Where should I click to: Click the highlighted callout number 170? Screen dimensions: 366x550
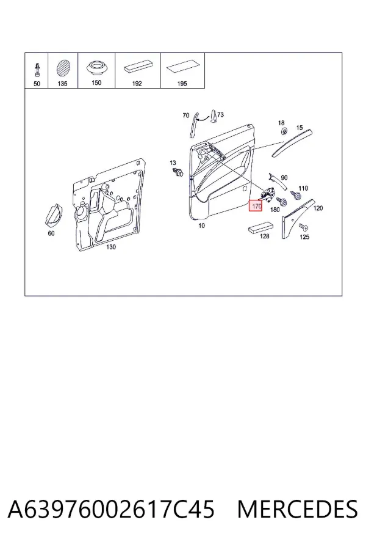tap(256, 205)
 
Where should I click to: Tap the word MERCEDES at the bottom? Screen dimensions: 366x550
tap(297, 509)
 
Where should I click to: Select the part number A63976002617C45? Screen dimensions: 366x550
tap(110, 509)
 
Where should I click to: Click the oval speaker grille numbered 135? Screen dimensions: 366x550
tap(63, 68)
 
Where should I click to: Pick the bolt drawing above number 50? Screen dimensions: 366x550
tap(37, 70)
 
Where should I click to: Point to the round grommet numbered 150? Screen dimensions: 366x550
tap(96, 67)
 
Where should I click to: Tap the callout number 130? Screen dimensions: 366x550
tap(110, 247)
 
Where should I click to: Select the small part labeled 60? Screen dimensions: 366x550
tap(54, 215)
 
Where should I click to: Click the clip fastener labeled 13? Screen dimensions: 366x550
tap(178, 172)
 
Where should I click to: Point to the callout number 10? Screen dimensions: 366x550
tap(201, 226)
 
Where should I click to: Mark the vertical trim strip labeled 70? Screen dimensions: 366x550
tap(194, 125)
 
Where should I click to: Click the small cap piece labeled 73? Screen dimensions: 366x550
tap(213, 117)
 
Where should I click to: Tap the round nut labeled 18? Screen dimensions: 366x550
tap(284, 131)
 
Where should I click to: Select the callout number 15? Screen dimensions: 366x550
tap(299, 128)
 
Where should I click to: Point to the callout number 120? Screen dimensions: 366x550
tap(318, 208)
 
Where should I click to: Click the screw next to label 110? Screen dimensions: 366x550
tap(296, 195)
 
